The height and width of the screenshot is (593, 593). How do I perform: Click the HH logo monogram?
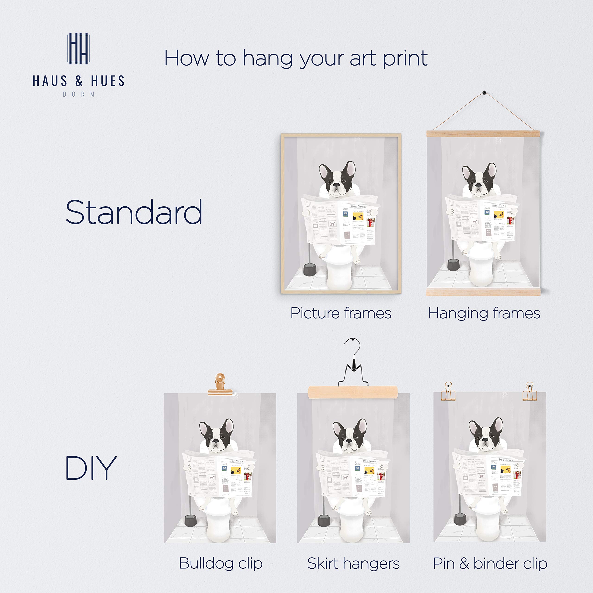tap(78, 48)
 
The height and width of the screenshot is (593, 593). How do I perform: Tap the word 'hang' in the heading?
tap(267, 59)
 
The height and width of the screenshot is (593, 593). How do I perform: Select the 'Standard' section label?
tap(134, 212)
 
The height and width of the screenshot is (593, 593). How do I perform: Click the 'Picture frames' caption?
tap(341, 313)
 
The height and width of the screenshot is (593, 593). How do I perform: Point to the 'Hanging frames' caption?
tap(484, 313)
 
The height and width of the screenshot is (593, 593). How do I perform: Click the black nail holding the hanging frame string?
tap(484, 92)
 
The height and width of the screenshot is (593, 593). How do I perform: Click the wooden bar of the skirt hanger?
tap(353, 392)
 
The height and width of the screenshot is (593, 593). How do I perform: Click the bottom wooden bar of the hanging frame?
tap(483, 292)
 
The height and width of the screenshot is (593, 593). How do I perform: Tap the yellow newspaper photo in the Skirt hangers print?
tap(369, 470)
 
